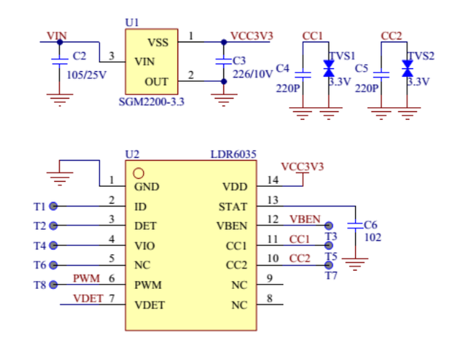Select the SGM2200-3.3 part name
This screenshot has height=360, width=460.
[x=151, y=102]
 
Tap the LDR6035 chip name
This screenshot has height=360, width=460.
[x=234, y=154]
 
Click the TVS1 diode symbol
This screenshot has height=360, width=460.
[x=329, y=69]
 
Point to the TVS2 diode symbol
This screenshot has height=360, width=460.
[x=408, y=69]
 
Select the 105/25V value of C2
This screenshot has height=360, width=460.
[x=87, y=74]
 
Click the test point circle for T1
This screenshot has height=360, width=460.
[x=53, y=207]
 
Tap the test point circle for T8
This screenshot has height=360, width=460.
[x=53, y=285]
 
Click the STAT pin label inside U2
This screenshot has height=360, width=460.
[x=233, y=207]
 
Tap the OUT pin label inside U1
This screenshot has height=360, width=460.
[x=157, y=82]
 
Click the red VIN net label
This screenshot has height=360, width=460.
[x=57, y=35]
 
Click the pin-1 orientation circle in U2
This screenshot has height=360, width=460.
[x=139, y=173]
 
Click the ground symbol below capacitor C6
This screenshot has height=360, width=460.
[x=354, y=267]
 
